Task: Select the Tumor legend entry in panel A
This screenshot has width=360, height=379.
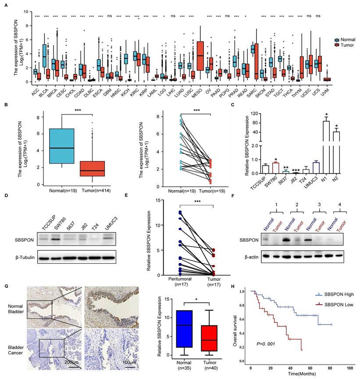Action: click(346, 45)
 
